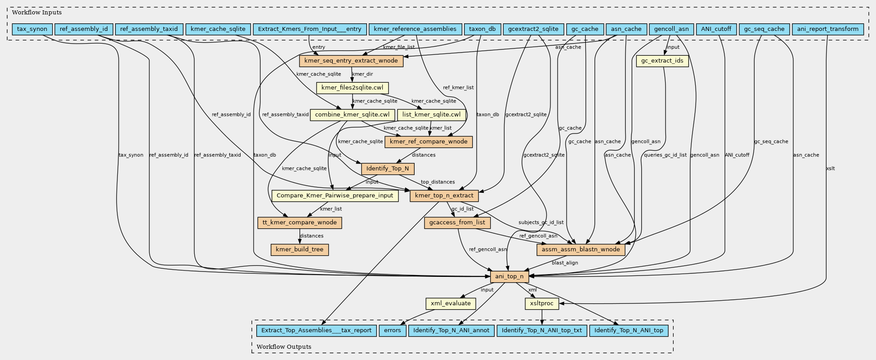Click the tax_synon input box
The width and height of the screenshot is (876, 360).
(x=32, y=29)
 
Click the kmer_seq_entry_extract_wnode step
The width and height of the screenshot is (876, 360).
(x=351, y=61)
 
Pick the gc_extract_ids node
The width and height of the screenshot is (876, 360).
(x=662, y=61)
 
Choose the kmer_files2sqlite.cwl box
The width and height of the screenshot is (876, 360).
(x=352, y=88)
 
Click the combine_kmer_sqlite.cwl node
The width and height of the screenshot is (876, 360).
(x=352, y=115)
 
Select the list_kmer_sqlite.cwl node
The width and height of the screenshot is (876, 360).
(x=431, y=115)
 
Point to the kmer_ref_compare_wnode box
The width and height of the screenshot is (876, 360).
(x=429, y=142)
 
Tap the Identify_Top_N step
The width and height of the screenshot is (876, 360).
(x=387, y=169)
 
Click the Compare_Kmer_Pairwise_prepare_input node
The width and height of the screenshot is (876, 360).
(x=335, y=196)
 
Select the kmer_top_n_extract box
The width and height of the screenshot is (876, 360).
(x=444, y=196)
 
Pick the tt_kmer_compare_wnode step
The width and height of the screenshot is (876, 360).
(x=299, y=222)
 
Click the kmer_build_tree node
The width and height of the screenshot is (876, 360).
(x=299, y=249)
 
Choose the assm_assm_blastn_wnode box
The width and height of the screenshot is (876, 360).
(x=581, y=249)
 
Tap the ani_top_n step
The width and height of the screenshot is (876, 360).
(x=509, y=276)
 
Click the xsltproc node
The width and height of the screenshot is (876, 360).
(x=541, y=303)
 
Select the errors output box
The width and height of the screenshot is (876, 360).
(x=392, y=330)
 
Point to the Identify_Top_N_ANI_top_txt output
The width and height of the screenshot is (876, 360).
(x=541, y=330)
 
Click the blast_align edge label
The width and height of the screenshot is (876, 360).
(x=565, y=263)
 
